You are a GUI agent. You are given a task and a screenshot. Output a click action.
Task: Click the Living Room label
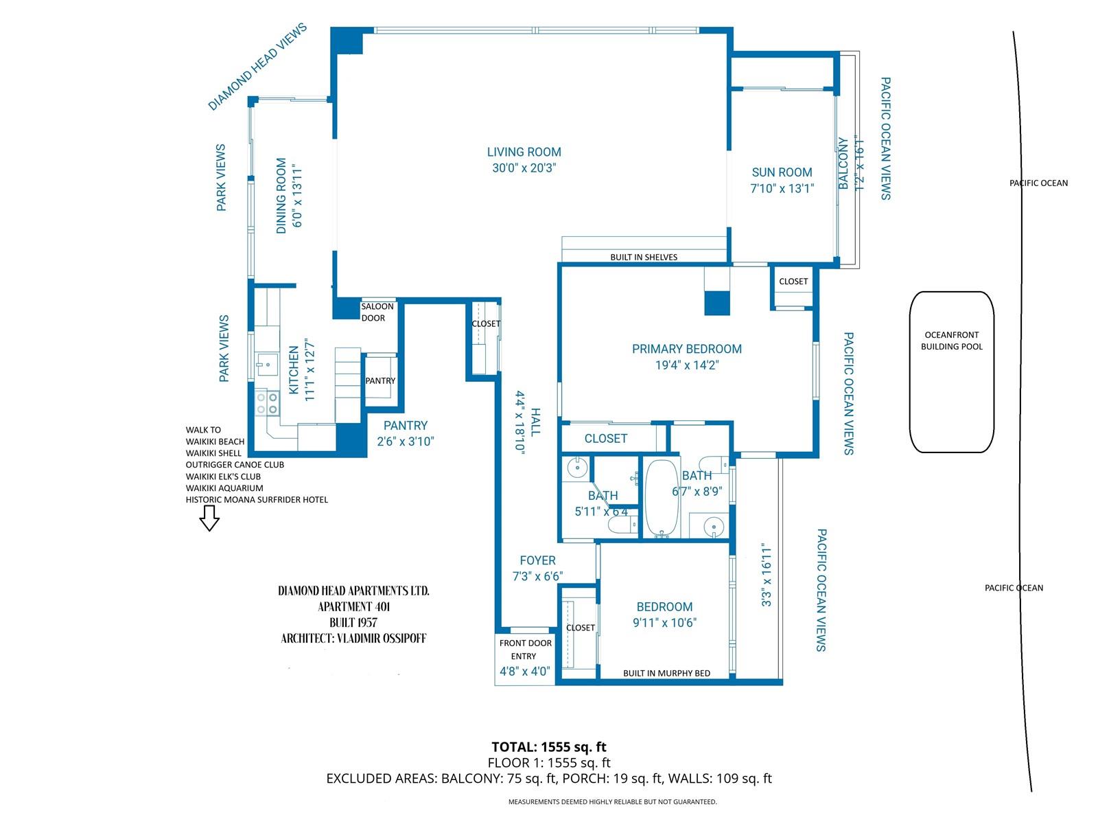coord(524,152)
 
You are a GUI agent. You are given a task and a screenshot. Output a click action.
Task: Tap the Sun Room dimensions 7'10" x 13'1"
coord(782,188)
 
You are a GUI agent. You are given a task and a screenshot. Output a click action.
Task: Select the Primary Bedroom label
coord(686,349)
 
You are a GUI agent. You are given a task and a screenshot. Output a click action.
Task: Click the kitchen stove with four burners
coord(267,404)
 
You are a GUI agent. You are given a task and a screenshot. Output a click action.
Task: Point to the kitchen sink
coord(267,365)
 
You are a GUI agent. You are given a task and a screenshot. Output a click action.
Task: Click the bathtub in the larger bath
coord(662,499)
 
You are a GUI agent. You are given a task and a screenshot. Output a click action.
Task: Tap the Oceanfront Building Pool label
coord(951,341)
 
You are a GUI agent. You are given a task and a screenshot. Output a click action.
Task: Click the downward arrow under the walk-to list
coord(209,518)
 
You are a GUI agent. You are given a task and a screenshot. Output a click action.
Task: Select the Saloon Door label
coord(377,312)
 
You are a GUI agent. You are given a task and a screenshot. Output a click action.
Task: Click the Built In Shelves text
coord(643,257)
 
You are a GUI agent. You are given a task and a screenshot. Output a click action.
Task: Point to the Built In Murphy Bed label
coord(666,674)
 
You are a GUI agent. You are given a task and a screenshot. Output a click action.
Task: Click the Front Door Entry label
coord(525,650)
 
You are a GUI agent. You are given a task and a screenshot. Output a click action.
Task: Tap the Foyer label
coord(537,560)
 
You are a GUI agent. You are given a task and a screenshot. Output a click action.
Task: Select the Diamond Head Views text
coord(257,67)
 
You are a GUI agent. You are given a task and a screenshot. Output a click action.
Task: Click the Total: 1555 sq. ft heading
coord(549,747)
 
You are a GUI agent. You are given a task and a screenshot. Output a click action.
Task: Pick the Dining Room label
coord(281,196)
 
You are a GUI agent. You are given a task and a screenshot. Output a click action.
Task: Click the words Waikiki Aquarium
coord(224,488)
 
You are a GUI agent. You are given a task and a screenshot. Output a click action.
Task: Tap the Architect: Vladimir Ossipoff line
coord(353,639)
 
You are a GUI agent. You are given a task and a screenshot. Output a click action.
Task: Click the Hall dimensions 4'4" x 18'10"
coord(520,423)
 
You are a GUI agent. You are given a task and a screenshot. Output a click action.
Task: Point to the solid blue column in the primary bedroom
coord(717,304)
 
